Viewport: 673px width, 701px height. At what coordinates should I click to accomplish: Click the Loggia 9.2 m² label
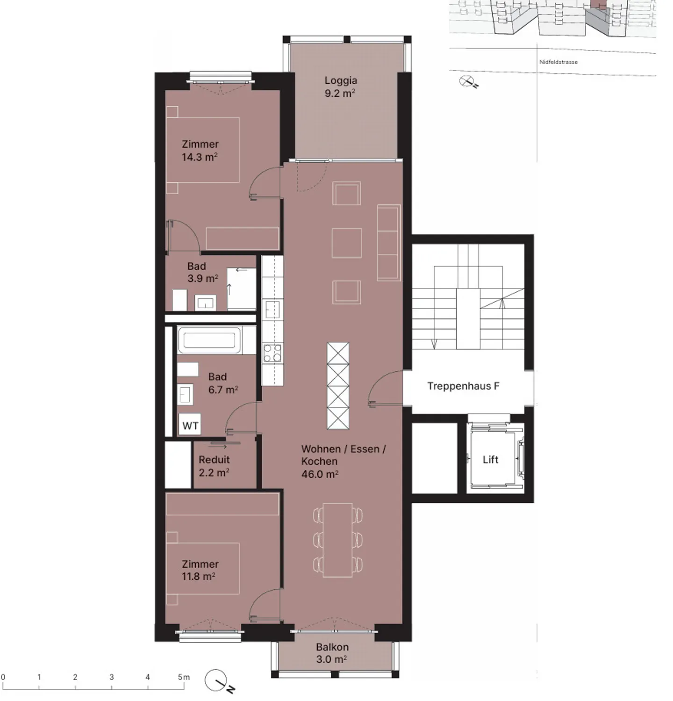pos(340,87)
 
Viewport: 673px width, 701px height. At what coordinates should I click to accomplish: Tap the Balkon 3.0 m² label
pos(332,653)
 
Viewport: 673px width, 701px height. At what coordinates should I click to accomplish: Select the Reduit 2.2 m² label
pos(214,466)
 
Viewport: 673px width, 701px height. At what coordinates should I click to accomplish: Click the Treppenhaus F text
pos(463,386)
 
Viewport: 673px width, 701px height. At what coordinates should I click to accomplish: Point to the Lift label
pos(490,460)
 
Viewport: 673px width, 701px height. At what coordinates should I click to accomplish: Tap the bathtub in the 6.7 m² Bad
pos(209,340)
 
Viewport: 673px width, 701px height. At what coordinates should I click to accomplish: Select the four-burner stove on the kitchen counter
pos(272,353)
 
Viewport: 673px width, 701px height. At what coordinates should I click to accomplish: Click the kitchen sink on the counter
pos(272,310)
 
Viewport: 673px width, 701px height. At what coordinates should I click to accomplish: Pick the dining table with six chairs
pos(338,540)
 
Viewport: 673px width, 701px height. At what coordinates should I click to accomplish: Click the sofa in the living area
pos(389,243)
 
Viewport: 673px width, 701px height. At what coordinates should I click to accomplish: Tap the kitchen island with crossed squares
pos(338,386)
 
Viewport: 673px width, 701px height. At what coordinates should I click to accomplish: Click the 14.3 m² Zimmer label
pos(200,151)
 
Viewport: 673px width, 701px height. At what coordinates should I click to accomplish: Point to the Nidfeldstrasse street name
pos(558,62)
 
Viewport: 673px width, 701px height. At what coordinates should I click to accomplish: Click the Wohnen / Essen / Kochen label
pos(344,462)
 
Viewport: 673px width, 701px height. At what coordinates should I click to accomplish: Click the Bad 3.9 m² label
pos(203,272)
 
